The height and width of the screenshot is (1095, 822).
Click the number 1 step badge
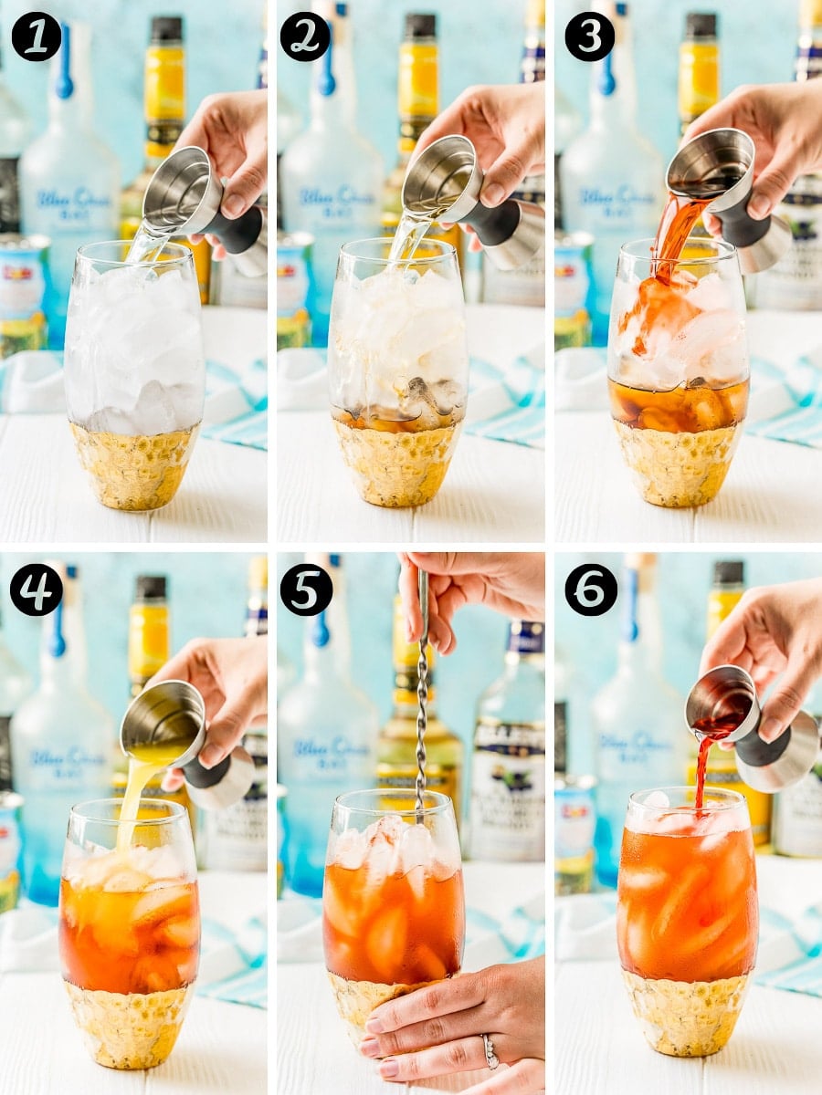pos(36,36)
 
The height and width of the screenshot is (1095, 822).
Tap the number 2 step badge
pos(305,36)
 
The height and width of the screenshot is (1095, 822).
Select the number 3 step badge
pos(590,36)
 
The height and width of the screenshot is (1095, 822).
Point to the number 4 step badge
pos(36,589)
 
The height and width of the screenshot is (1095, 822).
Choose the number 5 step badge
pos(305,589)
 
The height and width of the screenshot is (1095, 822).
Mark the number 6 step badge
pos(590,589)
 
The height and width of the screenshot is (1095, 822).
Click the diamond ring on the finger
pos(490,1052)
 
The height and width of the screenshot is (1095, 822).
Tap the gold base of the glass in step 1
pos(133,465)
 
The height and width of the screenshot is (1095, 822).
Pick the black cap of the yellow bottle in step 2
pos(420,26)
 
